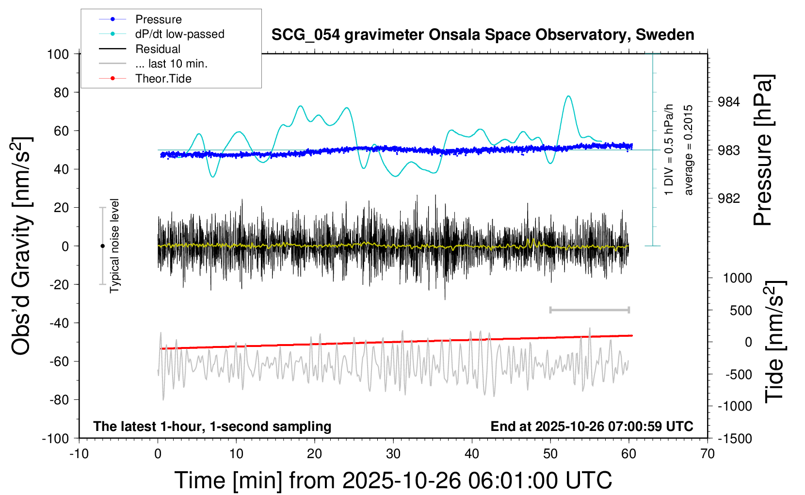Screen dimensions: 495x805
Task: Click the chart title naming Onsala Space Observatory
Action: pyautogui.click(x=483, y=35)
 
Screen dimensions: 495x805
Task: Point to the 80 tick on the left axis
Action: pyautogui.click(x=61, y=92)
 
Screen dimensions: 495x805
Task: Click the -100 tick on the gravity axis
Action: pyautogui.click(x=56, y=438)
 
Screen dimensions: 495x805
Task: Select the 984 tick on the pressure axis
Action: pyautogui.click(x=729, y=102)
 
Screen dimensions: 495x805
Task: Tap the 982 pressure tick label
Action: pyautogui.click(x=729, y=198)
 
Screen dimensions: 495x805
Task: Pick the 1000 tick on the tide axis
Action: pyautogui.click(x=737, y=278)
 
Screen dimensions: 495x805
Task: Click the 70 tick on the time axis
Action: pyautogui.click(x=708, y=454)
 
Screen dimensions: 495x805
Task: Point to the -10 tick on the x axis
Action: pyautogui.click(x=79, y=454)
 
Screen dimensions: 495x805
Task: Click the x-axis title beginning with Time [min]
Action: pyautogui.click(x=393, y=480)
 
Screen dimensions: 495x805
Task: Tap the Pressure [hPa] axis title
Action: pyautogui.click(x=763, y=150)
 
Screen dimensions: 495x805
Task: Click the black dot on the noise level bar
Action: pyautogui.click(x=102, y=246)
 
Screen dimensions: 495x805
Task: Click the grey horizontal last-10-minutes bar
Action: pyautogui.click(x=589, y=310)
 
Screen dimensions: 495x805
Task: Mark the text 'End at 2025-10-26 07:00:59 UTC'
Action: pyautogui.click(x=592, y=426)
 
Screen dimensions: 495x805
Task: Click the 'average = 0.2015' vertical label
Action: pyautogui.click(x=688, y=150)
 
